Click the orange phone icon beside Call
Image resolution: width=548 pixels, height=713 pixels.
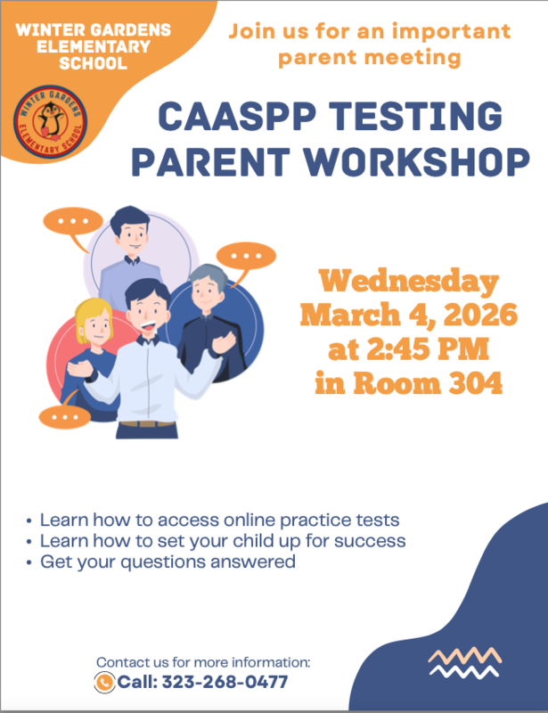[x=104, y=683]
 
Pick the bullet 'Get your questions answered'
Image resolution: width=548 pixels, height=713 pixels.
[x=168, y=562]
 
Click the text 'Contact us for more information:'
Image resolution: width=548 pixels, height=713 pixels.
[x=203, y=662]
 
